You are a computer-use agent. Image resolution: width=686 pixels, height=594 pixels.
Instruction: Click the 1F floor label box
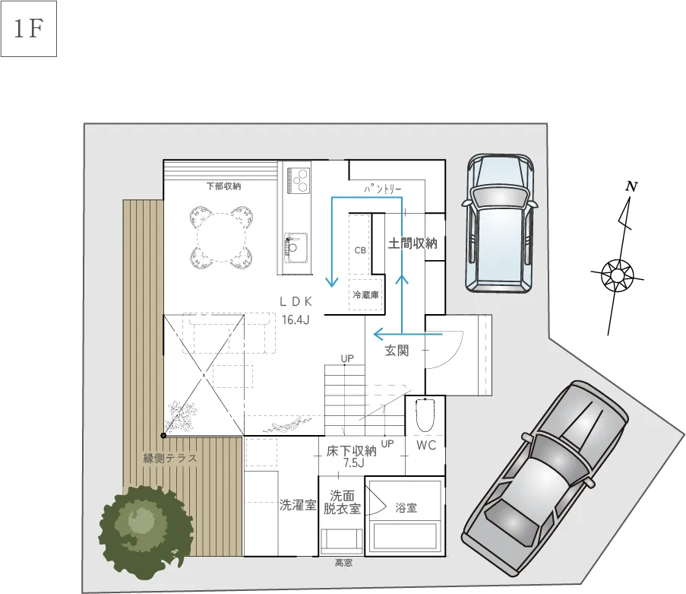click(x=29, y=29)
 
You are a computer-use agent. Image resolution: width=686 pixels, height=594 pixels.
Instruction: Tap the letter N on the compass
click(x=631, y=186)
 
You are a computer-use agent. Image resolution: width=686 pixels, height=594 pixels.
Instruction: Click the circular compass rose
click(x=617, y=275)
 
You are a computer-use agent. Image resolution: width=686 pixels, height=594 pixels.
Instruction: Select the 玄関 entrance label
click(x=397, y=351)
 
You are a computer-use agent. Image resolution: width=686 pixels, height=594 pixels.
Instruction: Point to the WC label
click(x=426, y=445)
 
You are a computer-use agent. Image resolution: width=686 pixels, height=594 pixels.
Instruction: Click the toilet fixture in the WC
click(x=424, y=415)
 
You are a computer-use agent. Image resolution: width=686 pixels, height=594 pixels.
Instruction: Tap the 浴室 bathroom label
click(x=406, y=508)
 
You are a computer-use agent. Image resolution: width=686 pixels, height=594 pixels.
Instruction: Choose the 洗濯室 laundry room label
click(x=298, y=505)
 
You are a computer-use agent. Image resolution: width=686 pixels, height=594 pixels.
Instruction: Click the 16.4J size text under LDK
click(x=296, y=319)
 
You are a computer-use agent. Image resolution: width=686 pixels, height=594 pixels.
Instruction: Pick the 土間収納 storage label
click(x=413, y=243)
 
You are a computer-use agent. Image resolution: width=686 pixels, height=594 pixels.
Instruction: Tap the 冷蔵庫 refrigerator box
click(x=365, y=294)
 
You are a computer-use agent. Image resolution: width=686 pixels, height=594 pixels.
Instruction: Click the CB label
click(x=360, y=250)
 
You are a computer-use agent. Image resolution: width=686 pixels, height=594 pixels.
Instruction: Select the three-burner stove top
click(x=299, y=180)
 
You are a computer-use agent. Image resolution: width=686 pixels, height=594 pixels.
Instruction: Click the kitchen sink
click(x=296, y=247)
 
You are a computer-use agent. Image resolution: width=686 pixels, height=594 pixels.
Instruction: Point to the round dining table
click(x=223, y=237)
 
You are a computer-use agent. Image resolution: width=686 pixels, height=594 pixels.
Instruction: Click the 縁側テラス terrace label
click(x=170, y=459)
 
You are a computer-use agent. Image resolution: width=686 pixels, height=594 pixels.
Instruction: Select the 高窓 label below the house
click(x=344, y=563)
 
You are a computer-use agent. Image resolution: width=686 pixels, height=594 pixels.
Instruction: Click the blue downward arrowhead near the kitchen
click(x=332, y=282)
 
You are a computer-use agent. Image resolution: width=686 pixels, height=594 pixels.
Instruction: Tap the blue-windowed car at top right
click(x=500, y=224)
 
